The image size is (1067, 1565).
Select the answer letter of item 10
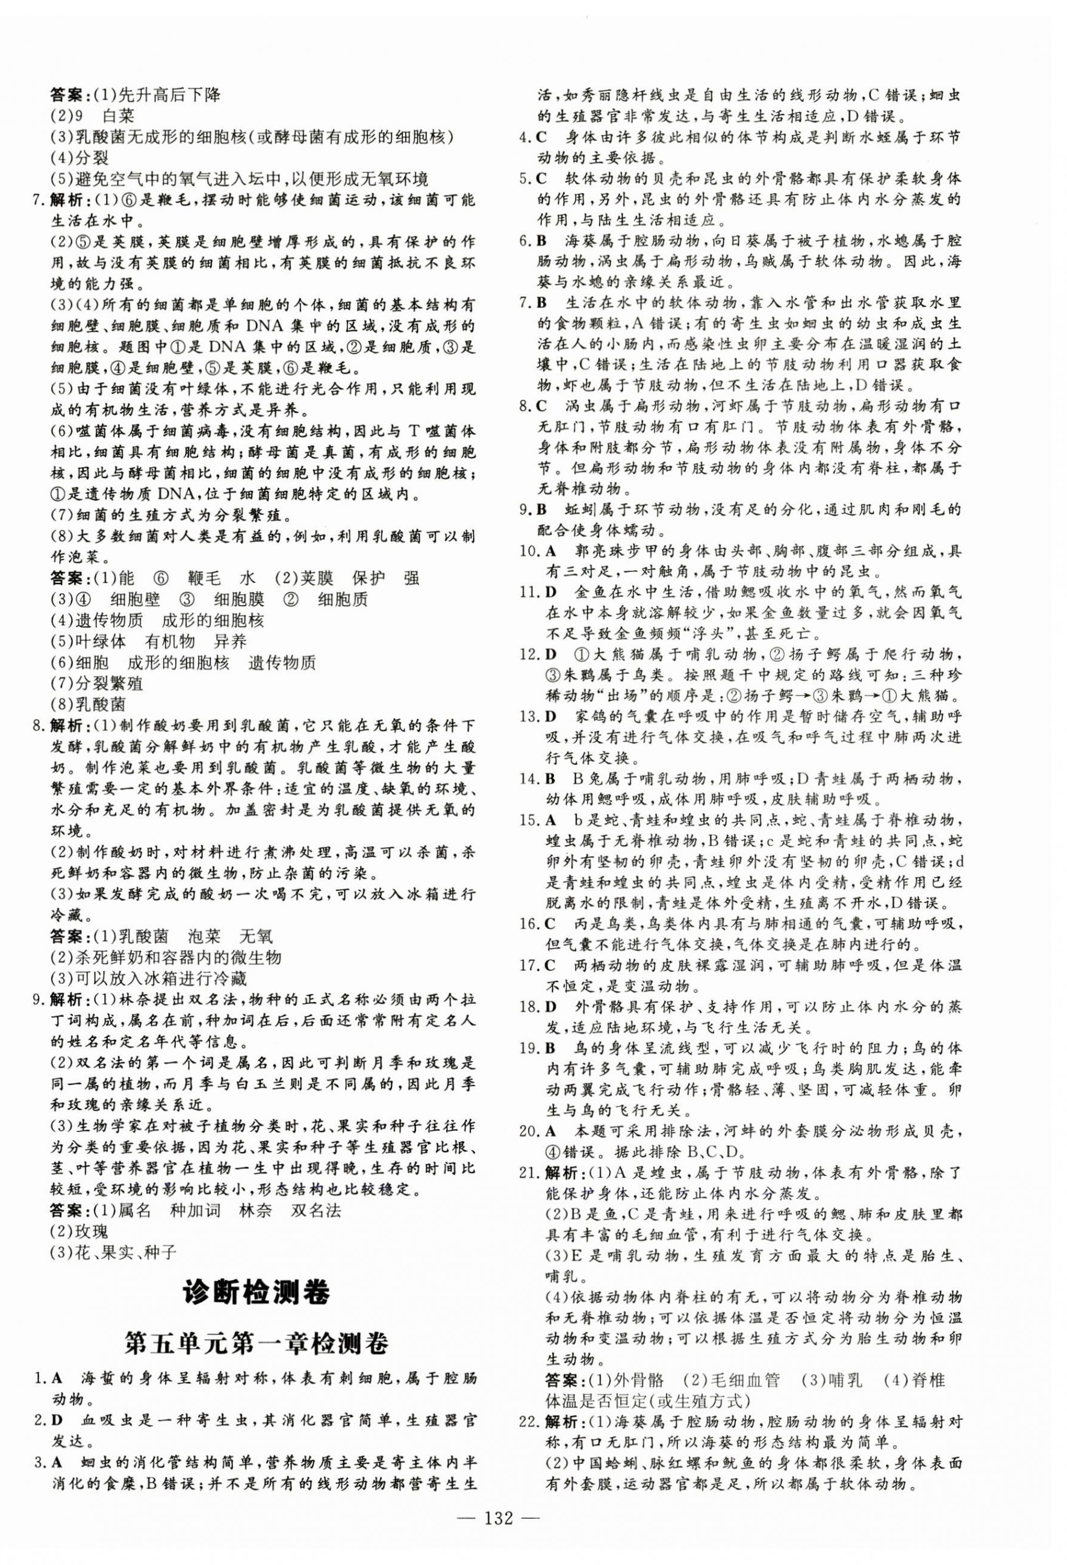[551, 551]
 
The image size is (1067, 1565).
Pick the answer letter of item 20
[551, 1132]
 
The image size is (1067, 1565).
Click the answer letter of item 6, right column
[541, 240]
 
